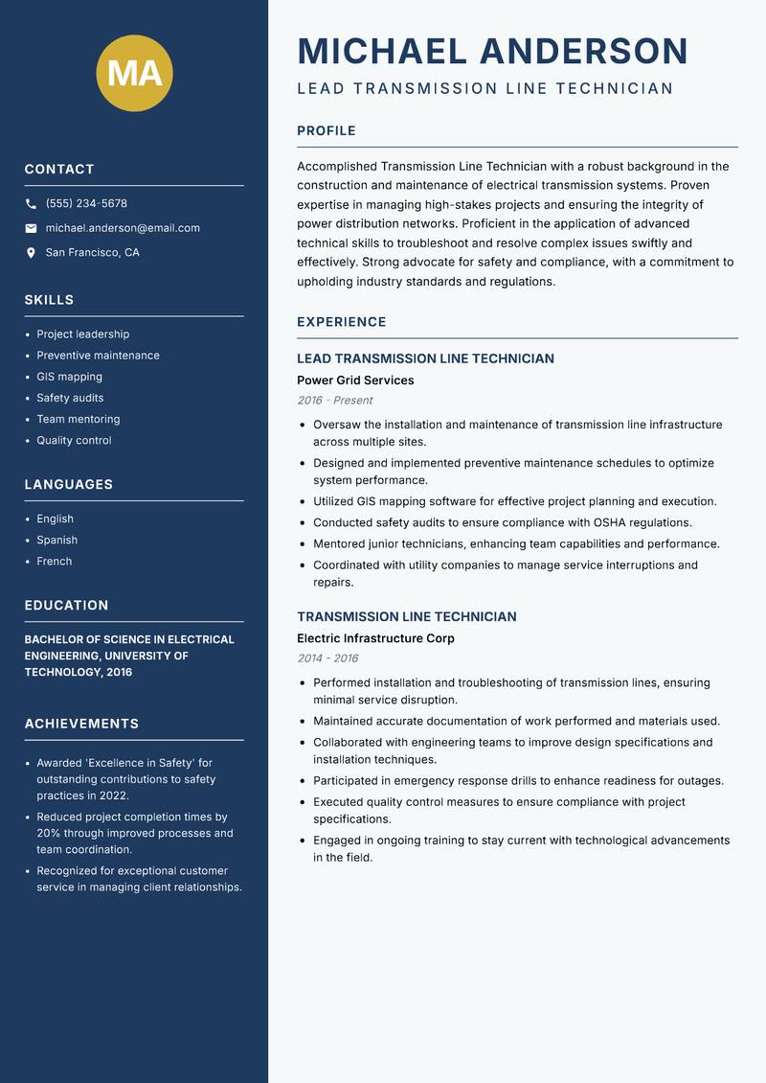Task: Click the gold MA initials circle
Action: [135, 74]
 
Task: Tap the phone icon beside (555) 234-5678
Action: [31, 204]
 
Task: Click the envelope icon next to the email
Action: [31, 228]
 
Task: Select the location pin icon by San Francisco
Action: [31, 253]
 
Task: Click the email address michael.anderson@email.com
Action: [123, 228]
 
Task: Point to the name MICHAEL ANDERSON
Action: [492, 51]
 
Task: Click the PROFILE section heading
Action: [326, 131]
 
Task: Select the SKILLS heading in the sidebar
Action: [49, 300]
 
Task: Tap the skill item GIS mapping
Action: [69, 377]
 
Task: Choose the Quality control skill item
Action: [74, 441]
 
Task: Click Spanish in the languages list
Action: [56, 541]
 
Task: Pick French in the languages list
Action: [54, 562]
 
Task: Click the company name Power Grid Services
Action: [355, 380]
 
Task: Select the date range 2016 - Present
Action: [334, 401]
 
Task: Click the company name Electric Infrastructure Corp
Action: [375, 638]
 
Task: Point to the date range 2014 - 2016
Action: [327, 658]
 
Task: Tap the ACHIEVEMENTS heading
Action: [81, 724]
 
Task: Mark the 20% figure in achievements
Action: [48, 834]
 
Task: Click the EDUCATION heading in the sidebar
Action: [66, 606]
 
